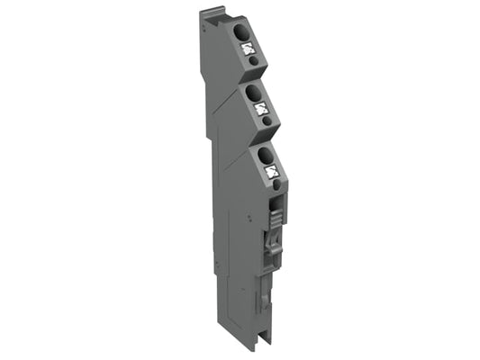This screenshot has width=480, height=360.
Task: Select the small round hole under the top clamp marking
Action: pyautogui.click(x=255, y=61)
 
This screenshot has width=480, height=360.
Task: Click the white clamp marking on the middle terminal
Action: pyautogui.click(x=261, y=108)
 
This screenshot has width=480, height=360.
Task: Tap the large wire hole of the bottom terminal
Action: pyautogui.click(x=267, y=154)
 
